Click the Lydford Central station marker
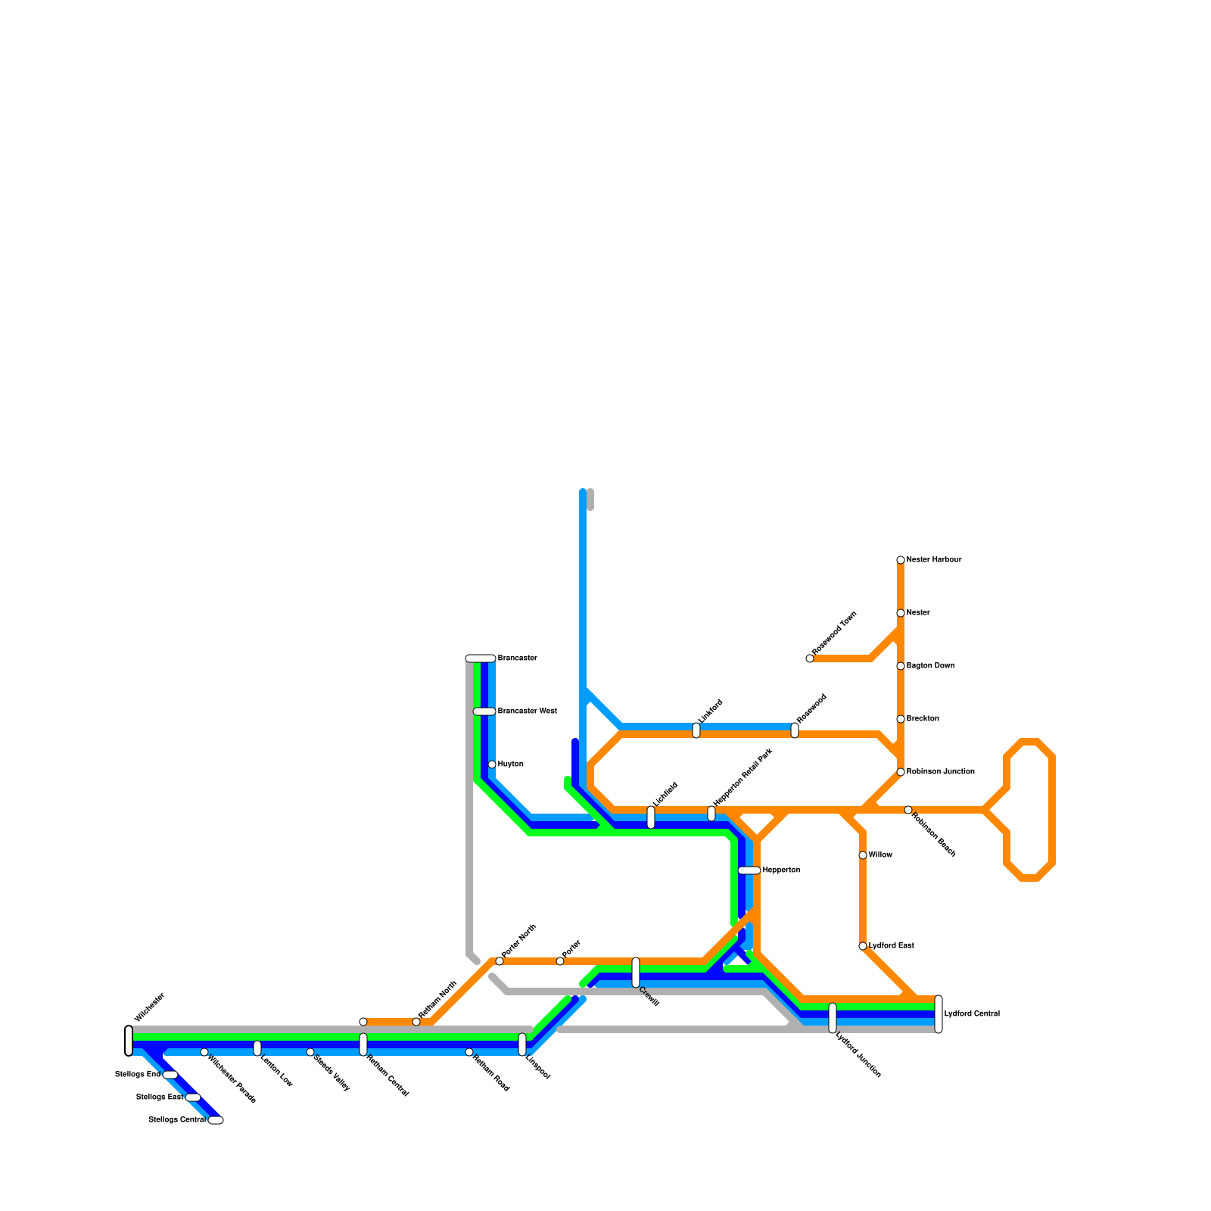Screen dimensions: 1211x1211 coord(939,1014)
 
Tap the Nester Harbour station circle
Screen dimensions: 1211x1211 coord(901,560)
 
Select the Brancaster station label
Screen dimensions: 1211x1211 coord(517,658)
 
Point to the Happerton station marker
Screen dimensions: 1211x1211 coord(749,870)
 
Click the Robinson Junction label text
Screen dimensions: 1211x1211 coord(940,772)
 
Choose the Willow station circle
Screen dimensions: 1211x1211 coord(863,855)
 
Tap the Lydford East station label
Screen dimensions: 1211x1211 coord(891,946)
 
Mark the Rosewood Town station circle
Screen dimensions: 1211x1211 coord(810,658)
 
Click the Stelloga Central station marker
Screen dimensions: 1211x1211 coord(216,1120)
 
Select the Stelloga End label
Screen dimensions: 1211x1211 coord(137,1075)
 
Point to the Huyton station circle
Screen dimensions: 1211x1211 coord(492,764)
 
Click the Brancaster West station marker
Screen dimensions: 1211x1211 coord(484,711)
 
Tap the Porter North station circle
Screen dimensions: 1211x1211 coord(500,961)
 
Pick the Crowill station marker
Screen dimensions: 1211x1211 coord(636,973)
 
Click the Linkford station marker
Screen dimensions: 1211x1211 coord(696,730)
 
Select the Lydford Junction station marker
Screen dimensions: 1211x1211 coord(833,1018)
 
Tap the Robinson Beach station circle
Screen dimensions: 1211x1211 coord(908,810)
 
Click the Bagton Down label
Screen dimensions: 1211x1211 coord(930,666)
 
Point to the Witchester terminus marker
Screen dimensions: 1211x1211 coord(129,1041)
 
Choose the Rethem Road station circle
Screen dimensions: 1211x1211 coord(469,1052)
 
